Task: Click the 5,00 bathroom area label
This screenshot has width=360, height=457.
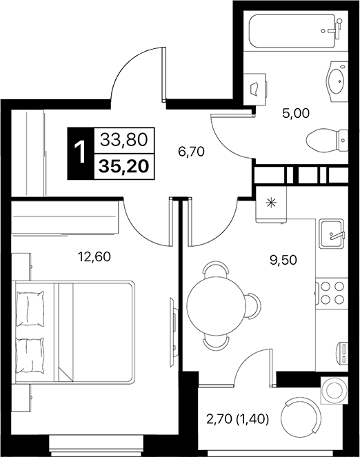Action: click(x=296, y=115)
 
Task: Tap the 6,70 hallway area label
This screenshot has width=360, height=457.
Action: click(x=192, y=149)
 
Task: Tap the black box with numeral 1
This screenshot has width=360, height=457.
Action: click(x=81, y=153)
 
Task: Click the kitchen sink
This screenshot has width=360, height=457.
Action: click(x=333, y=235)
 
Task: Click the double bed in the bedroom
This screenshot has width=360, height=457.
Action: click(x=76, y=330)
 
